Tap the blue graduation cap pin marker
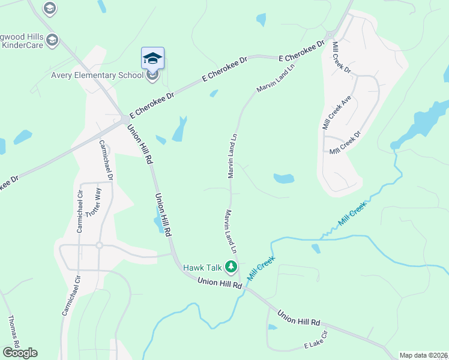point(152,59)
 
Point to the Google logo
point(20,352)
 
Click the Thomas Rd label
point(13,331)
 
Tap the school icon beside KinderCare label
point(53,40)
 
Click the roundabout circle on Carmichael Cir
point(99,245)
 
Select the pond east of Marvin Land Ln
point(284,178)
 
